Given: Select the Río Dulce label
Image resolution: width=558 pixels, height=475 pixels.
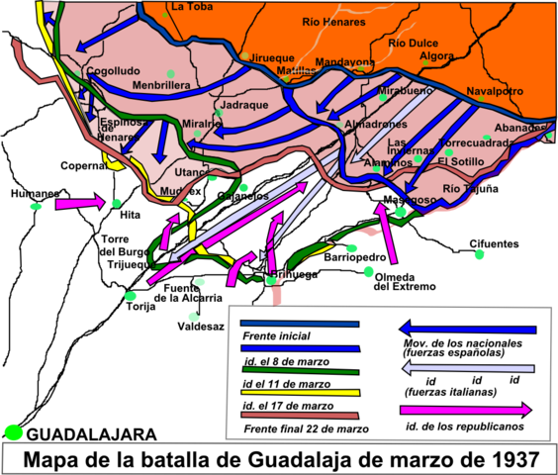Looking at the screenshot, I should click(x=413, y=43).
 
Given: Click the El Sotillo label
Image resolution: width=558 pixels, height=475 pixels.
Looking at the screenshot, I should click(x=461, y=160).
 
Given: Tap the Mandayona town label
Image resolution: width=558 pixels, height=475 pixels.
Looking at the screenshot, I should click(x=345, y=61).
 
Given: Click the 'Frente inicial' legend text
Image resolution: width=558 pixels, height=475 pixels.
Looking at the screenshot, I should click(x=276, y=335).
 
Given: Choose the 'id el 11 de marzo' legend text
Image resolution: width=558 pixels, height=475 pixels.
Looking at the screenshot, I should click(x=286, y=383).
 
